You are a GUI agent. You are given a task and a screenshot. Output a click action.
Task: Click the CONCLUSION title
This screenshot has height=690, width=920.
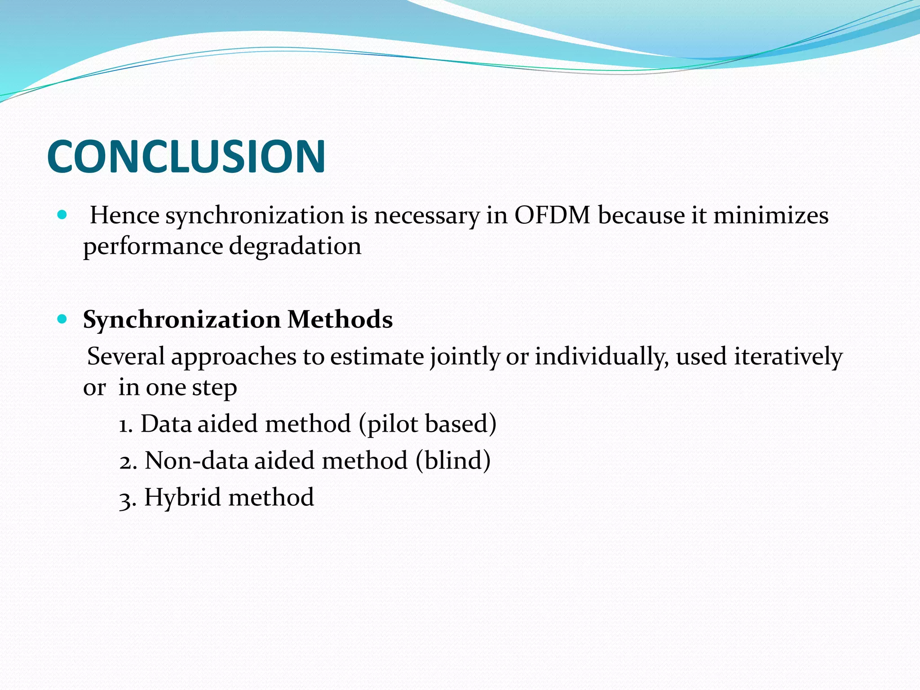[186, 156]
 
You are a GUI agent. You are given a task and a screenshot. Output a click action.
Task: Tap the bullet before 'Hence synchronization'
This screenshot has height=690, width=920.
[62, 215]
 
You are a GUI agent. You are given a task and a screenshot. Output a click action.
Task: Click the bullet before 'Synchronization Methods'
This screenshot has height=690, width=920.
[62, 319]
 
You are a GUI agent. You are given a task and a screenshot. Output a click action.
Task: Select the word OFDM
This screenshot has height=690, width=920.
[552, 215]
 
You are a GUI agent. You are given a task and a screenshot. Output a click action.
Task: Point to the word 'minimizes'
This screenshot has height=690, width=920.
[770, 215]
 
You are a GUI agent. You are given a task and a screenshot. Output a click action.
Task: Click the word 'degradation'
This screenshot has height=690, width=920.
[295, 247]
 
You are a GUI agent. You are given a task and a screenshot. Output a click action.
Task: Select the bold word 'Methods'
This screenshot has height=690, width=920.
[340, 320]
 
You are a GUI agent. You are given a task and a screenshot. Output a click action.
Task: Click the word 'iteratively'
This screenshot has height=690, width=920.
[788, 357]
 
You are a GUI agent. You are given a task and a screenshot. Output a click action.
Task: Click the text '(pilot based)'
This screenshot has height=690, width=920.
[428, 424]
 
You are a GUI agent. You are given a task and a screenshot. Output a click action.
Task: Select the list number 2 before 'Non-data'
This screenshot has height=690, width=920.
[127, 462]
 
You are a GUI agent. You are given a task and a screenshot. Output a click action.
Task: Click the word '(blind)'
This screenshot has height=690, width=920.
[453, 461]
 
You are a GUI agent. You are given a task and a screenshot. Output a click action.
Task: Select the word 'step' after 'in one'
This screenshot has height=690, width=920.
[214, 389]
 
